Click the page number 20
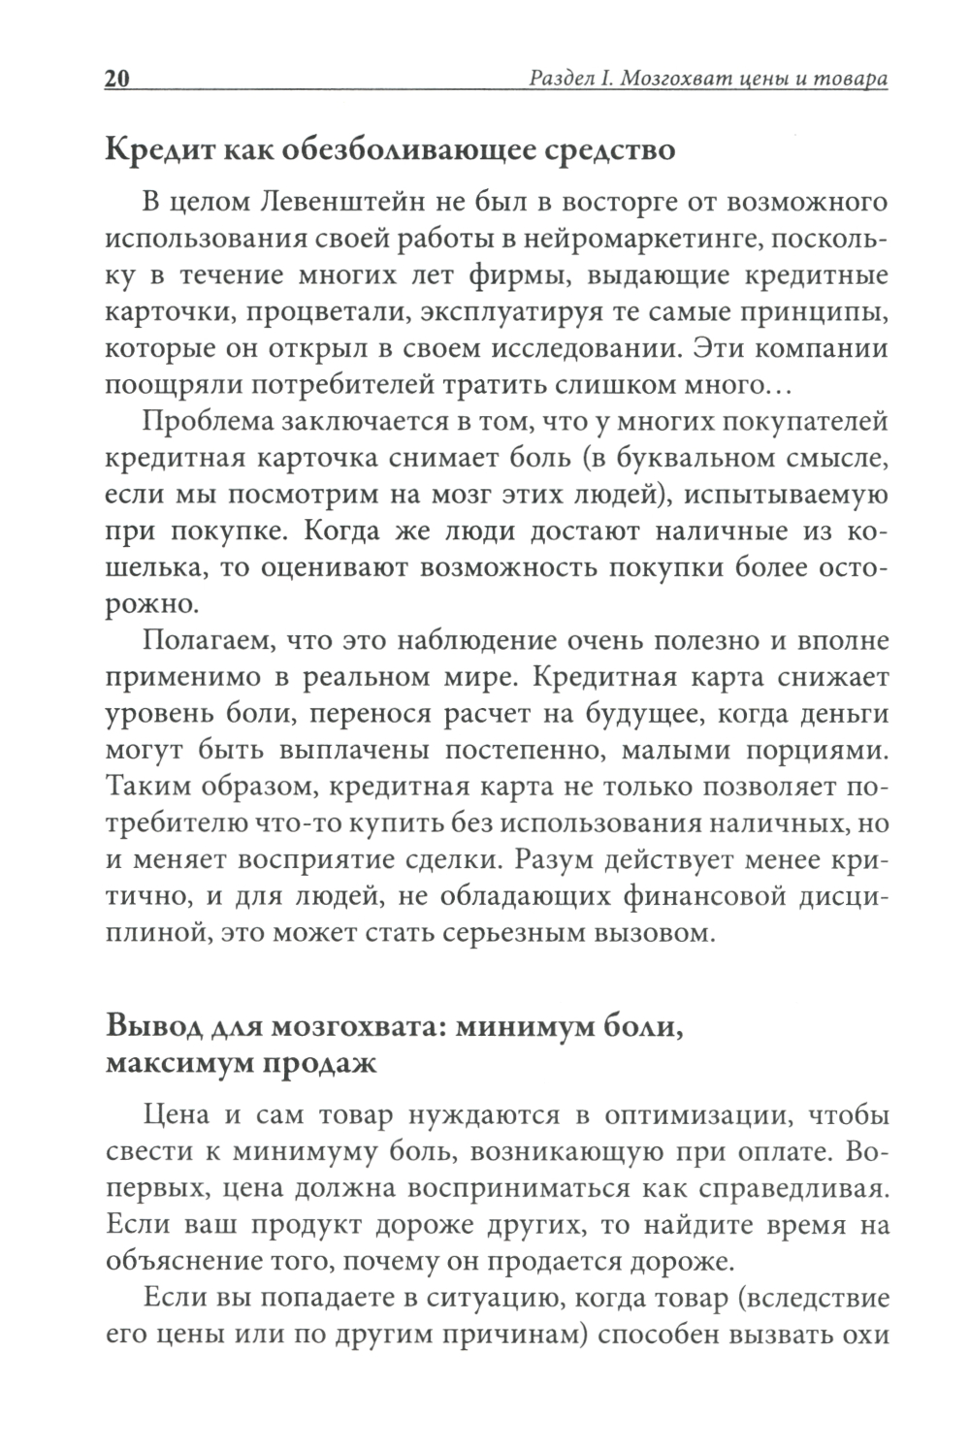pyautogui.click(x=116, y=80)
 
